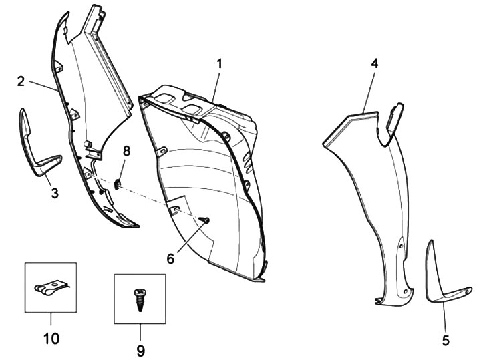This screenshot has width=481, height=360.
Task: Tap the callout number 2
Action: [21, 82]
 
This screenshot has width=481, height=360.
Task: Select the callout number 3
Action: [55, 193]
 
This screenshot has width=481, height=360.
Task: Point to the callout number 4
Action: [375, 64]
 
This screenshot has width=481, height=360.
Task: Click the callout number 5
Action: [446, 339]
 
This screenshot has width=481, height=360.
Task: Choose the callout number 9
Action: [140, 349]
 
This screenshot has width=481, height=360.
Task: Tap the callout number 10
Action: [51, 339]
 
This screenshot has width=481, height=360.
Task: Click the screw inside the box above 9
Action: [140, 297]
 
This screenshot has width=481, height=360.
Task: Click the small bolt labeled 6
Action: [204, 220]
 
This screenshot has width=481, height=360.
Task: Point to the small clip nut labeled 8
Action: [118, 182]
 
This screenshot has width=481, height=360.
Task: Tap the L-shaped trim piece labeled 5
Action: [441, 281]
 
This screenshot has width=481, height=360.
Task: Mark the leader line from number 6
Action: [188, 238]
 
